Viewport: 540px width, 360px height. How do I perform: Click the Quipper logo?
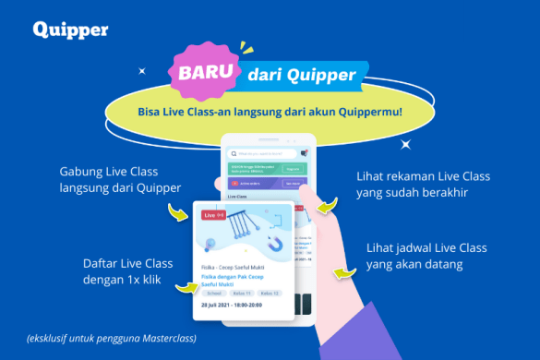pos(70,29)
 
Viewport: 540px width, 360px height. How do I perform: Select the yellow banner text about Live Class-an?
pos(269,112)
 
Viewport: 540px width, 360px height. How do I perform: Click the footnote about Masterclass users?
pos(114,338)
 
